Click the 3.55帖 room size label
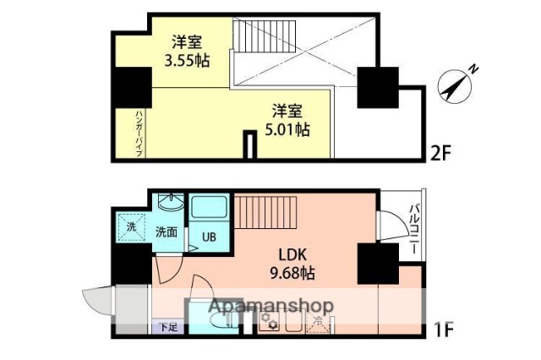tap(187, 61)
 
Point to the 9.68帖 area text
tap(292, 273)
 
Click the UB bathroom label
tap(207, 237)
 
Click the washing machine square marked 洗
tap(131, 226)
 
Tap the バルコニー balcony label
tap(415, 223)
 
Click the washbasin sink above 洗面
tap(170, 203)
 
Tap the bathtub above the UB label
tap(206, 207)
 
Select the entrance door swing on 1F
tap(97, 300)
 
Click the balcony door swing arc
tap(391, 226)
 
